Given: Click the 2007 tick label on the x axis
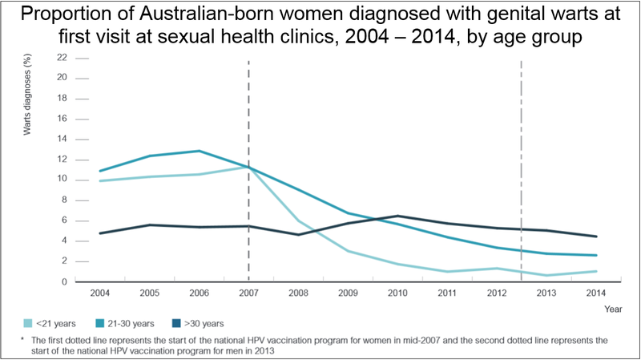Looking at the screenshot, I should coord(249,293).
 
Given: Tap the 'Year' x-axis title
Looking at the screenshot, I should coord(613,307).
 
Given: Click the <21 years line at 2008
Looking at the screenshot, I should coord(299,220).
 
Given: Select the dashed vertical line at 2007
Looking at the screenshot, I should coord(248,120).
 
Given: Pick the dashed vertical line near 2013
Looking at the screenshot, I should coord(522,120).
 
